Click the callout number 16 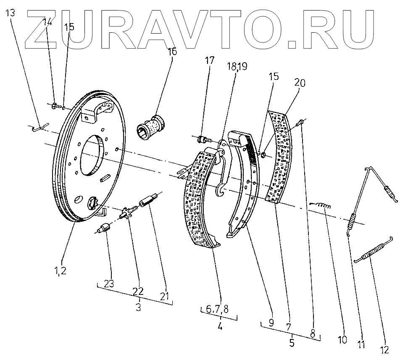click(x=173, y=52)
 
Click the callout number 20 click(x=300, y=84)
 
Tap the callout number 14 click(x=47, y=22)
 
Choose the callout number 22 click(x=138, y=291)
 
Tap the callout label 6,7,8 click(x=217, y=310)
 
